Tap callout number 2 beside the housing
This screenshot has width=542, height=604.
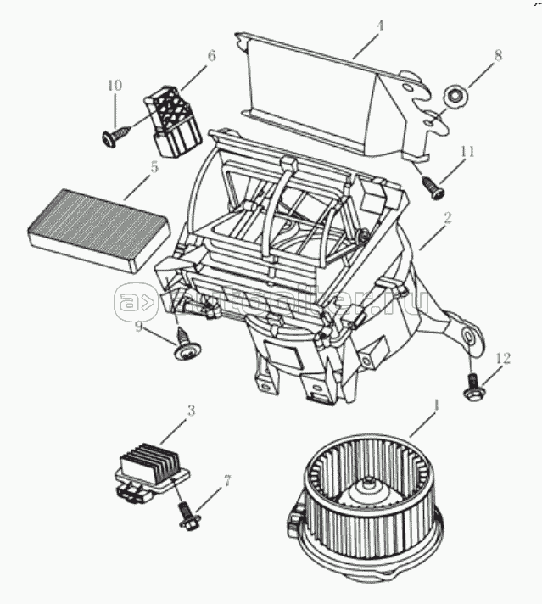pyautogui.click(x=447, y=218)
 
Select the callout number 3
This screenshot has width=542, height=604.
pyautogui.click(x=191, y=411)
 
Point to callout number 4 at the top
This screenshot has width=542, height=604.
pyautogui.click(x=380, y=26)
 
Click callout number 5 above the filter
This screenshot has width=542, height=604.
pyautogui.click(x=154, y=167)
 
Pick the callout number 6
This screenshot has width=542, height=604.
pyautogui.click(x=211, y=56)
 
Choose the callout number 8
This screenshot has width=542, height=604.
pyautogui.click(x=498, y=56)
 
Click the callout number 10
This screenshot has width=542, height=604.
pyautogui.click(x=115, y=85)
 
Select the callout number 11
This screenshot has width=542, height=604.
pyautogui.click(x=466, y=151)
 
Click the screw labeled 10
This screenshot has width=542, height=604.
pyautogui.click(x=112, y=136)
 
